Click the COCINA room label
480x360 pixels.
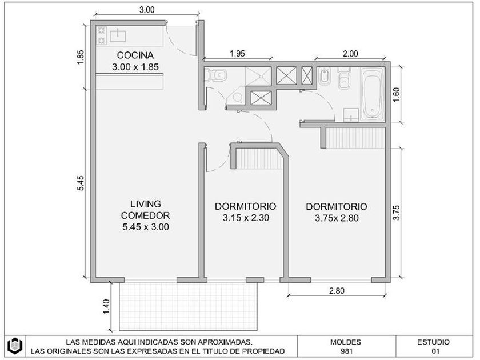click(135, 55)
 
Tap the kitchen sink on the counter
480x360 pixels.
click(118, 35)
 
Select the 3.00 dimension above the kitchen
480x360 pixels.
click(147, 10)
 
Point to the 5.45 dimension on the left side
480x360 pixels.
click(80, 183)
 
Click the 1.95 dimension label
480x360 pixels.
click(238, 54)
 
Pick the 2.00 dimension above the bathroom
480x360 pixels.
click(350, 54)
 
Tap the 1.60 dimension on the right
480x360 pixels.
click(396, 95)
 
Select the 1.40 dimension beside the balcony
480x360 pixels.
click(106, 306)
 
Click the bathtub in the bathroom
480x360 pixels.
click(373, 93)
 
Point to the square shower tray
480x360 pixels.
click(258, 76)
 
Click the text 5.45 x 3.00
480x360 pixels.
click(146, 227)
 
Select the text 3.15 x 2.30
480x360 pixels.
click(246, 218)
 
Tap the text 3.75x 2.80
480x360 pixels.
click(337, 218)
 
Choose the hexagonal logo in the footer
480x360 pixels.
click(15, 346)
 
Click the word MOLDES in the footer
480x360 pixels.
click(346, 342)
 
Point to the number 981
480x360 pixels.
click(346, 351)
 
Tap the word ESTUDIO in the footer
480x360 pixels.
click(434, 342)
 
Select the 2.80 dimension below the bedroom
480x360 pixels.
click(337, 291)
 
